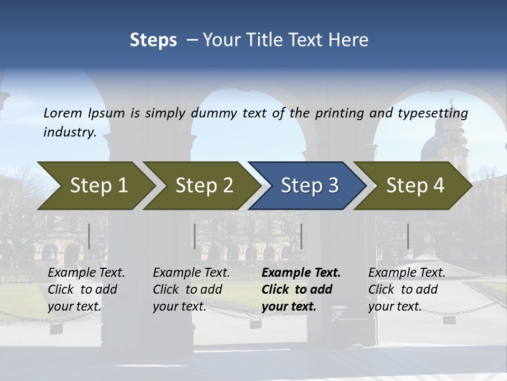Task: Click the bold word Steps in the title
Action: [x=153, y=40]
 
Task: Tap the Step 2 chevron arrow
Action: [x=201, y=186]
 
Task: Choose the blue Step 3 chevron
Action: [x=306, y=186]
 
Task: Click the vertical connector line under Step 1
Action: [x=89, y=236]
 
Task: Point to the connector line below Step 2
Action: [x=195, y=236]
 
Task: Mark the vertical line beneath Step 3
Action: [x=301, y=236]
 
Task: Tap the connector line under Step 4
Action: [x=408, y=236]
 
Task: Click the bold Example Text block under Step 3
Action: [x=301, y=289]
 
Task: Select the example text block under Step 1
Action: [x=86, y=289]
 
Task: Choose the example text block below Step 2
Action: [x=191, y=289]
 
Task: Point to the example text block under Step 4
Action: [x=407, y=289]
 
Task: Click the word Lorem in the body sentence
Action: [x=63, y=113]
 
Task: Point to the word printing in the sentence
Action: [x=339, y=113]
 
